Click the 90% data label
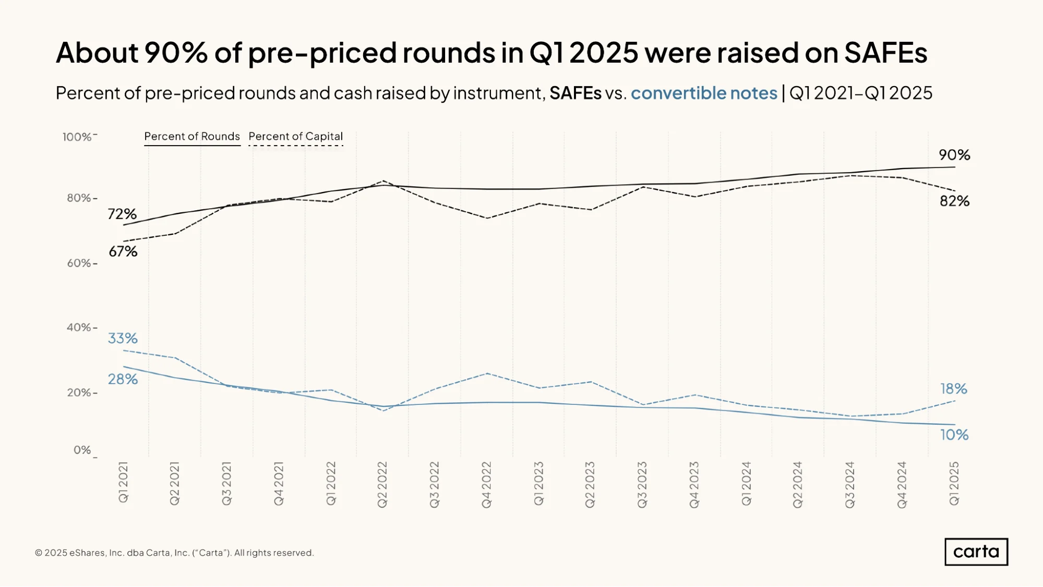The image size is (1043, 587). (x=954, y=155)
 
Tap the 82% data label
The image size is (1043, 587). (x=954, y=201)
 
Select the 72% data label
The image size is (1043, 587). (x=122, y=214)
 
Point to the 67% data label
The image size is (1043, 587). (x=123, y=251)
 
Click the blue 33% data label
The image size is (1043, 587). (x=123, y=338)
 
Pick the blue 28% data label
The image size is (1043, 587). (x=123, y=379)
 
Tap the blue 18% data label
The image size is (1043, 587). (x=954, y=389)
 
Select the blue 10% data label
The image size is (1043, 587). (x=954, y=435)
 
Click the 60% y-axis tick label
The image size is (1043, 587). (x=79, y=263)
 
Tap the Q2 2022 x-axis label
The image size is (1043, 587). (x=382, y=484)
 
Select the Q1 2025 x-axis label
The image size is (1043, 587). (x=954, y=483)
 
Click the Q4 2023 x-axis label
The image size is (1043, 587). (x=694, y=485)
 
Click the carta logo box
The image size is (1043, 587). (x=976, y=552)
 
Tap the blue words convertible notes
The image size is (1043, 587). (x=704, y=93)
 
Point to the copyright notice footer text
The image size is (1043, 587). (x=174, y=553)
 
